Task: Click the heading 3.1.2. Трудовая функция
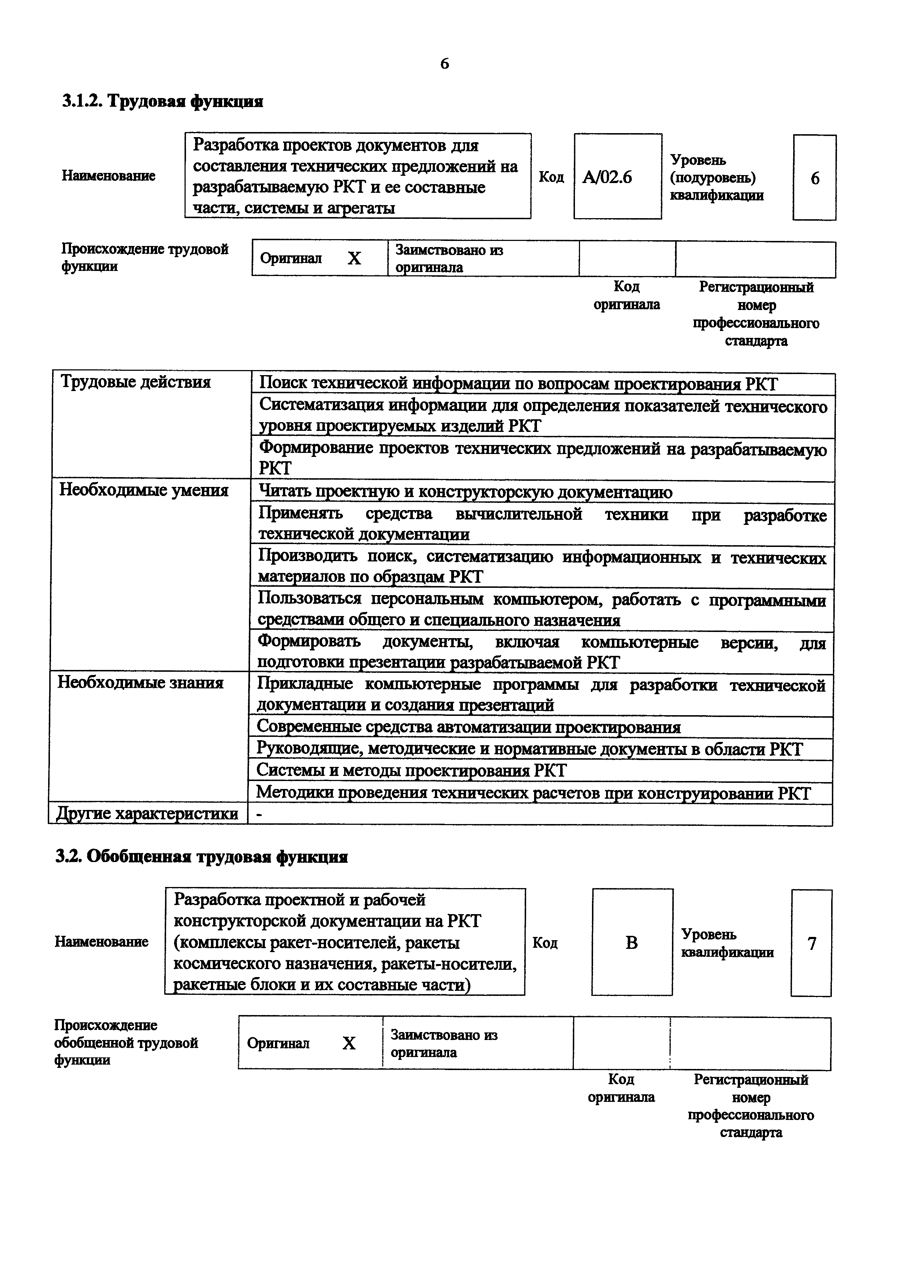pos(162,101)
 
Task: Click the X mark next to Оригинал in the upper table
pos(354,258)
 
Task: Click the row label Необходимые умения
pos(144,490)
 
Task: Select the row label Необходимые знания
pos(140,683)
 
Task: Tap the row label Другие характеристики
pos(147,813)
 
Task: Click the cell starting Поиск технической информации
pos(518,383)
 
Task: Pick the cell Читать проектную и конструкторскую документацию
pos(465,492)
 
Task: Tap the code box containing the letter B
pos(632,942)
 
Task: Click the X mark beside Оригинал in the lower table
pos(349,1043)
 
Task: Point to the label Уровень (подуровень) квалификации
pos(717,177)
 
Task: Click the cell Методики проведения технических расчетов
pos(533,793)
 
